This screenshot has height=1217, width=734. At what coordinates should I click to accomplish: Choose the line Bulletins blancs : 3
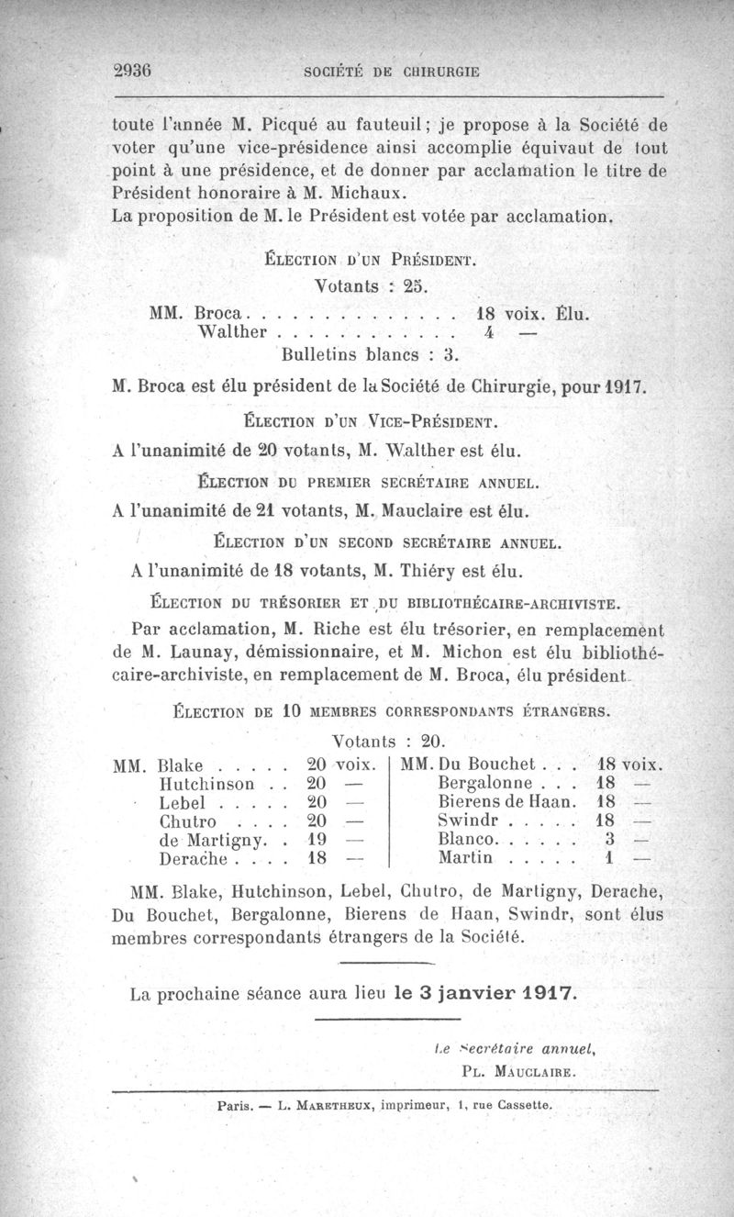(370, 352)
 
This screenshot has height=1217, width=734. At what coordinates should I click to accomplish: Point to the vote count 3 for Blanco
(609, 839)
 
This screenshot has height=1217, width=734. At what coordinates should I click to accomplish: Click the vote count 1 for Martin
(609, 858)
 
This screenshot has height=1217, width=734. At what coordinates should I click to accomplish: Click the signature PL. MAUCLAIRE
(519, 1070)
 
